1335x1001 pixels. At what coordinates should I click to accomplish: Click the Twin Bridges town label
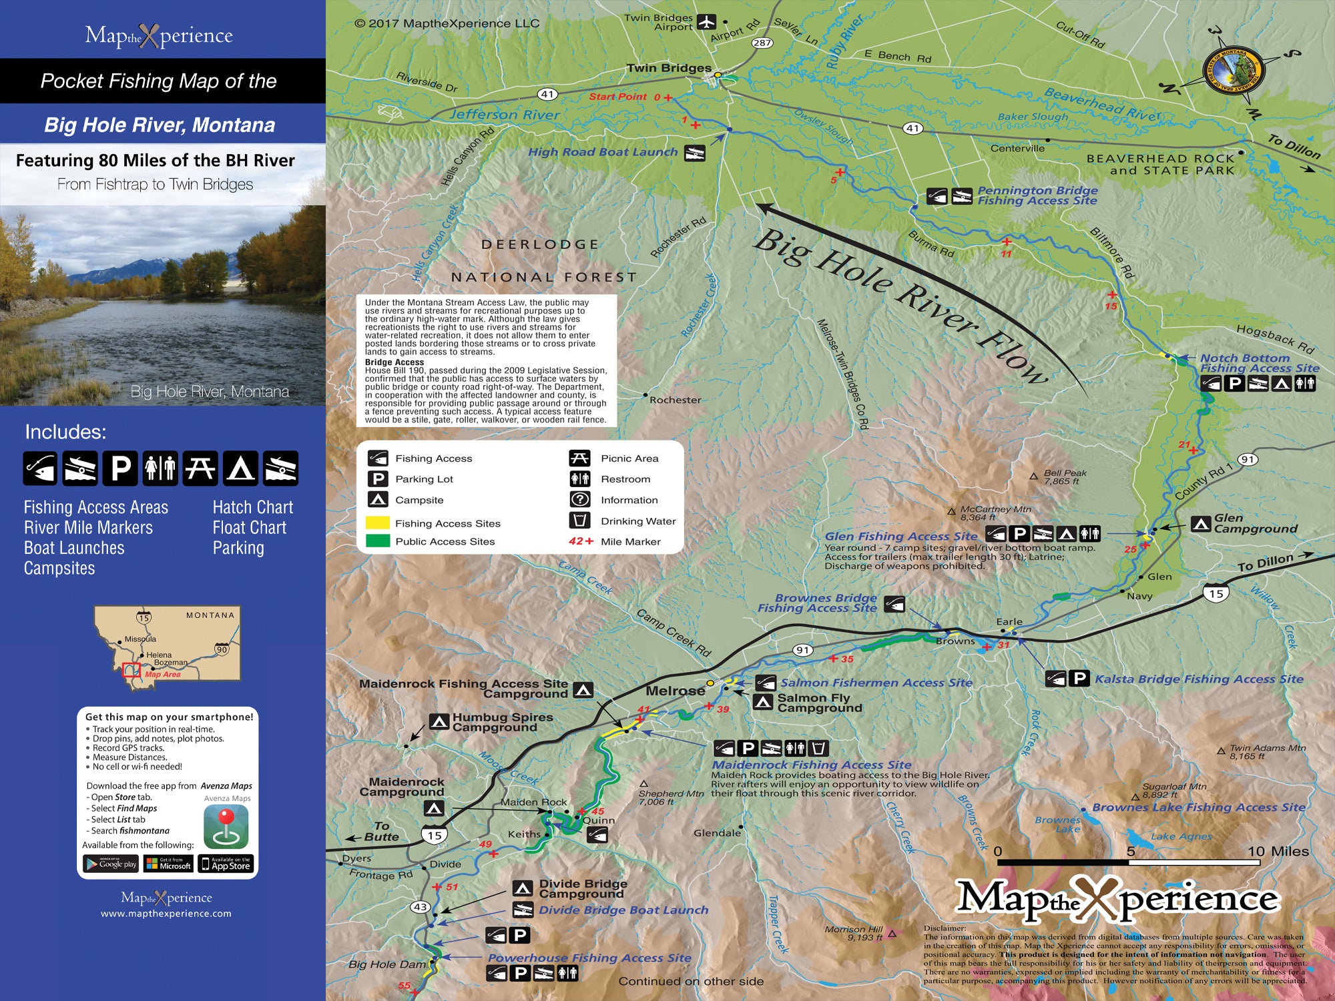point(669,68)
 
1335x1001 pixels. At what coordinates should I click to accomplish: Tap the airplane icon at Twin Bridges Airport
point(706,22)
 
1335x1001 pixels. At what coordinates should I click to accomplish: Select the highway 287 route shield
point(762,43)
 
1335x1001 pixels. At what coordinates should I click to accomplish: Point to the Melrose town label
point(675,691)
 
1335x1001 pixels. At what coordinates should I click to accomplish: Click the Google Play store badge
point(111,864)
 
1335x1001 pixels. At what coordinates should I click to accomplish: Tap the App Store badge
point(226,864)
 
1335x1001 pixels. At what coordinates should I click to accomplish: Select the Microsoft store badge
point(169,864)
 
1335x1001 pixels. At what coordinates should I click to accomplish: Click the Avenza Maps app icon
point(226,826)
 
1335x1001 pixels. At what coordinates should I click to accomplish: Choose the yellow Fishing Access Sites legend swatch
point(378,523)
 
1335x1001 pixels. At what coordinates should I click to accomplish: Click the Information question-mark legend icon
point(579,499)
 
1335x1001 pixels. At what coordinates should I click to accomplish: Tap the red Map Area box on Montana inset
point(131,669)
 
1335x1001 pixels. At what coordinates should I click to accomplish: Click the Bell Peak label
point(1065,476)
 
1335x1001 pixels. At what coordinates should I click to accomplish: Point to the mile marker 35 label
point(847,659)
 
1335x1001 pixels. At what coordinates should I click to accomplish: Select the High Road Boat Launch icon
point(695,153)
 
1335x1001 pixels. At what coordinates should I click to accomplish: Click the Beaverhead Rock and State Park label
point(1160,164)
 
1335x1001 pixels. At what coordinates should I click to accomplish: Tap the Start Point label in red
point(617,97)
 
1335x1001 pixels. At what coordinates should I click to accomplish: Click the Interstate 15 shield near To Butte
point(434,835)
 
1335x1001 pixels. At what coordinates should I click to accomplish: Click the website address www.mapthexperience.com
point(166,914)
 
